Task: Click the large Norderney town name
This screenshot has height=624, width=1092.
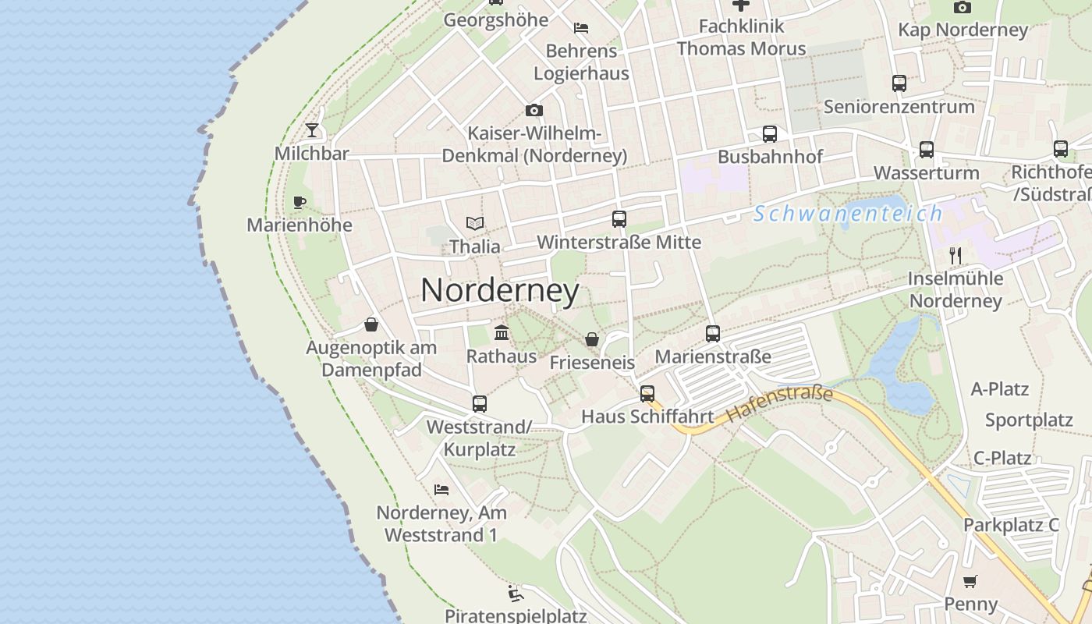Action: pyautogui.click(x=500, y=291)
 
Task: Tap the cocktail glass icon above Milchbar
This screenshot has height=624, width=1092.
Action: pyautogui.click(x=312, y=129)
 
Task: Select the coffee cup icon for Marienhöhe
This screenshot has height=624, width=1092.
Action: pyautogui.click(x=299, y=203)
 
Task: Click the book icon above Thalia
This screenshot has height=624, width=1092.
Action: pyautogui.click(x=474, y=224)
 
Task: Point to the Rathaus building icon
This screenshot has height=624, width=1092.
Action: pyautogui.click(x=502, y=333)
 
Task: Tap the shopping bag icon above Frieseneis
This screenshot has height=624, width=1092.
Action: pyautogui.click(x=592, y=340)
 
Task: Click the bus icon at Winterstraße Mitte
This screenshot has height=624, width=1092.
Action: pyautogui.click(x=619, y=219)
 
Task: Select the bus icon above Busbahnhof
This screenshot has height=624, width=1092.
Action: pyautogui.click(x=770, y=134)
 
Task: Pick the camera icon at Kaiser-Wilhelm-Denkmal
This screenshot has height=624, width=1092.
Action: pyautogui.click(x=534, y=110)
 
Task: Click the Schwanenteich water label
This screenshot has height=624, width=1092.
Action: pyautogui.click(x=848, y=213)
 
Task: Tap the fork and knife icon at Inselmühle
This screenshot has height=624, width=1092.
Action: pyautogui.click(x=955, y=255)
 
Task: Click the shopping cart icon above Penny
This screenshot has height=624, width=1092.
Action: pyautogui.click(x=970, y=581)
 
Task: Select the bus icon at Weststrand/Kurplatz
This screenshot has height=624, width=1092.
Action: pyautogui.click(x=479, y=404)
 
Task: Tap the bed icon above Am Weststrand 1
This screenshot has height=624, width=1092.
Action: pyautogui.click(x=441, y=490)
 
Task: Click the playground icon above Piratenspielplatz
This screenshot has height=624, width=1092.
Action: pyautogui.click(x=515, y=594)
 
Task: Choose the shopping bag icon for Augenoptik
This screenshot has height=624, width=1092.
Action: pyautogui.click(x=371, y=324)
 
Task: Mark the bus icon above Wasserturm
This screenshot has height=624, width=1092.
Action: pyautogui.click(x=926, y=150)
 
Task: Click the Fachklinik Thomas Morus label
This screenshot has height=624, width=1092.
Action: pyautogui.click(x=741, y=37)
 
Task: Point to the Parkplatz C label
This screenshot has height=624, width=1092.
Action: pyautogui.click(x=1011, y=525)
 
